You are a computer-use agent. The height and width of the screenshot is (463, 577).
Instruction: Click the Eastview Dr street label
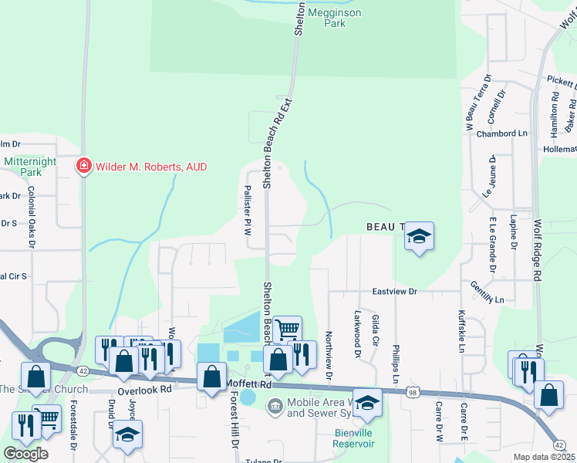click(x=394, y=292)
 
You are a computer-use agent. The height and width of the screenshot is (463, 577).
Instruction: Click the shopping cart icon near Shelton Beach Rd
click(x=287, y=330)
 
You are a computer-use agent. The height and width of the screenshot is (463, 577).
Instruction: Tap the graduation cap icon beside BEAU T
click(x=419, y=236)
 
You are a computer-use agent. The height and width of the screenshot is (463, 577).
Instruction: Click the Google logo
click(x=26, y=453)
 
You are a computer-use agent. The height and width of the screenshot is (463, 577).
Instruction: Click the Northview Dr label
click(x=328, y=355)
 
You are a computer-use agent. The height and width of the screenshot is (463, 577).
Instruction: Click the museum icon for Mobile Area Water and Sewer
click(x=275, y=405)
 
